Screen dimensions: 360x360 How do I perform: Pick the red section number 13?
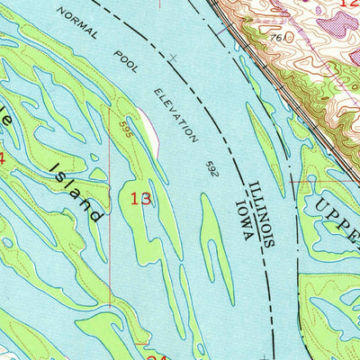(141, 198)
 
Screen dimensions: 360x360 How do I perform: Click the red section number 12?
(350, 4)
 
